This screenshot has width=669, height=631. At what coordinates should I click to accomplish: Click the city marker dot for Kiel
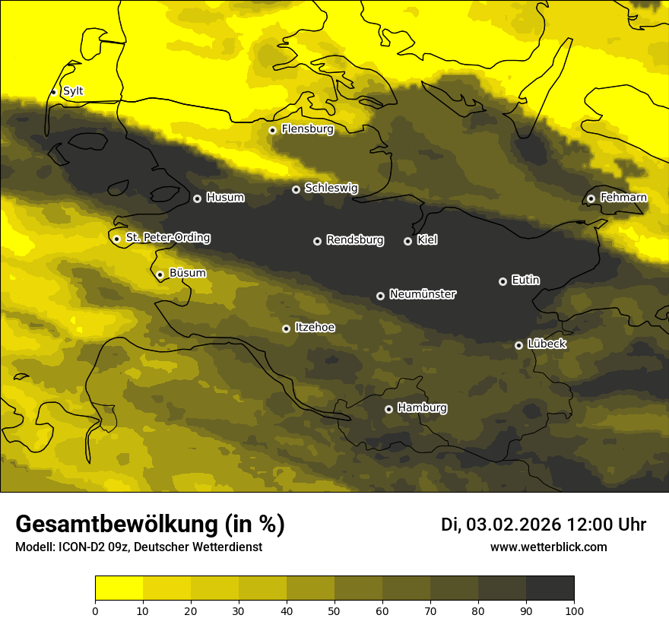click(x=407, y=241)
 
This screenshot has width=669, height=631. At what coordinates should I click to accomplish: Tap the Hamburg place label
click(x=422, y=408)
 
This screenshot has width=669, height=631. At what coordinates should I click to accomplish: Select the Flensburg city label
click(x=307, y=129)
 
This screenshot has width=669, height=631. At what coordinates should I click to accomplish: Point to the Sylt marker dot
click(x=53, y=92)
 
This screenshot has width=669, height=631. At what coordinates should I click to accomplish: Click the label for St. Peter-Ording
click(x=167, y=238)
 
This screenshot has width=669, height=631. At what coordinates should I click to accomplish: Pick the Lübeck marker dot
click(x=518, y=345)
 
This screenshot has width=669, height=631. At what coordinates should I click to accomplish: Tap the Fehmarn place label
click(x=623, y=198)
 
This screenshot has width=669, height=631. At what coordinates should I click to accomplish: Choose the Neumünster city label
click(x=422, y=294)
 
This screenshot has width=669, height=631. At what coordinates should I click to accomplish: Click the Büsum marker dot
click(x=160, y=274)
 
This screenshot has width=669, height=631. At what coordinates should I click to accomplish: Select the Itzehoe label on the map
click(x=315, y=328)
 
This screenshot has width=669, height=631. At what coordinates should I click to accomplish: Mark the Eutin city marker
click(x=503, y=281)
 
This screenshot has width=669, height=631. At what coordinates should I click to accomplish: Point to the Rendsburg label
click(x=354, y=240)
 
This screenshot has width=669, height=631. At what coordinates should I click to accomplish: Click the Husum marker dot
click(x=197, y=198)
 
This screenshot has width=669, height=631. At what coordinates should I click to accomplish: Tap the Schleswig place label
click(x=331, y=188)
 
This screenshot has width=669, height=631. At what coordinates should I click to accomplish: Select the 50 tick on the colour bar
click(x=334, y=610)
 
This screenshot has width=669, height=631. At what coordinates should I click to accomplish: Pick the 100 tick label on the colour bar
click(x=573, y=610)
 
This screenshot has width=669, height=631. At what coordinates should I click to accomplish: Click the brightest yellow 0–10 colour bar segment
click(x=119, y=588)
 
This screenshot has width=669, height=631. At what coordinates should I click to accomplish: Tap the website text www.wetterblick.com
click(x=548, y=547)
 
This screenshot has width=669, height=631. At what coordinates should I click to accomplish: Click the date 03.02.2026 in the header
click(x=513, y=525)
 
